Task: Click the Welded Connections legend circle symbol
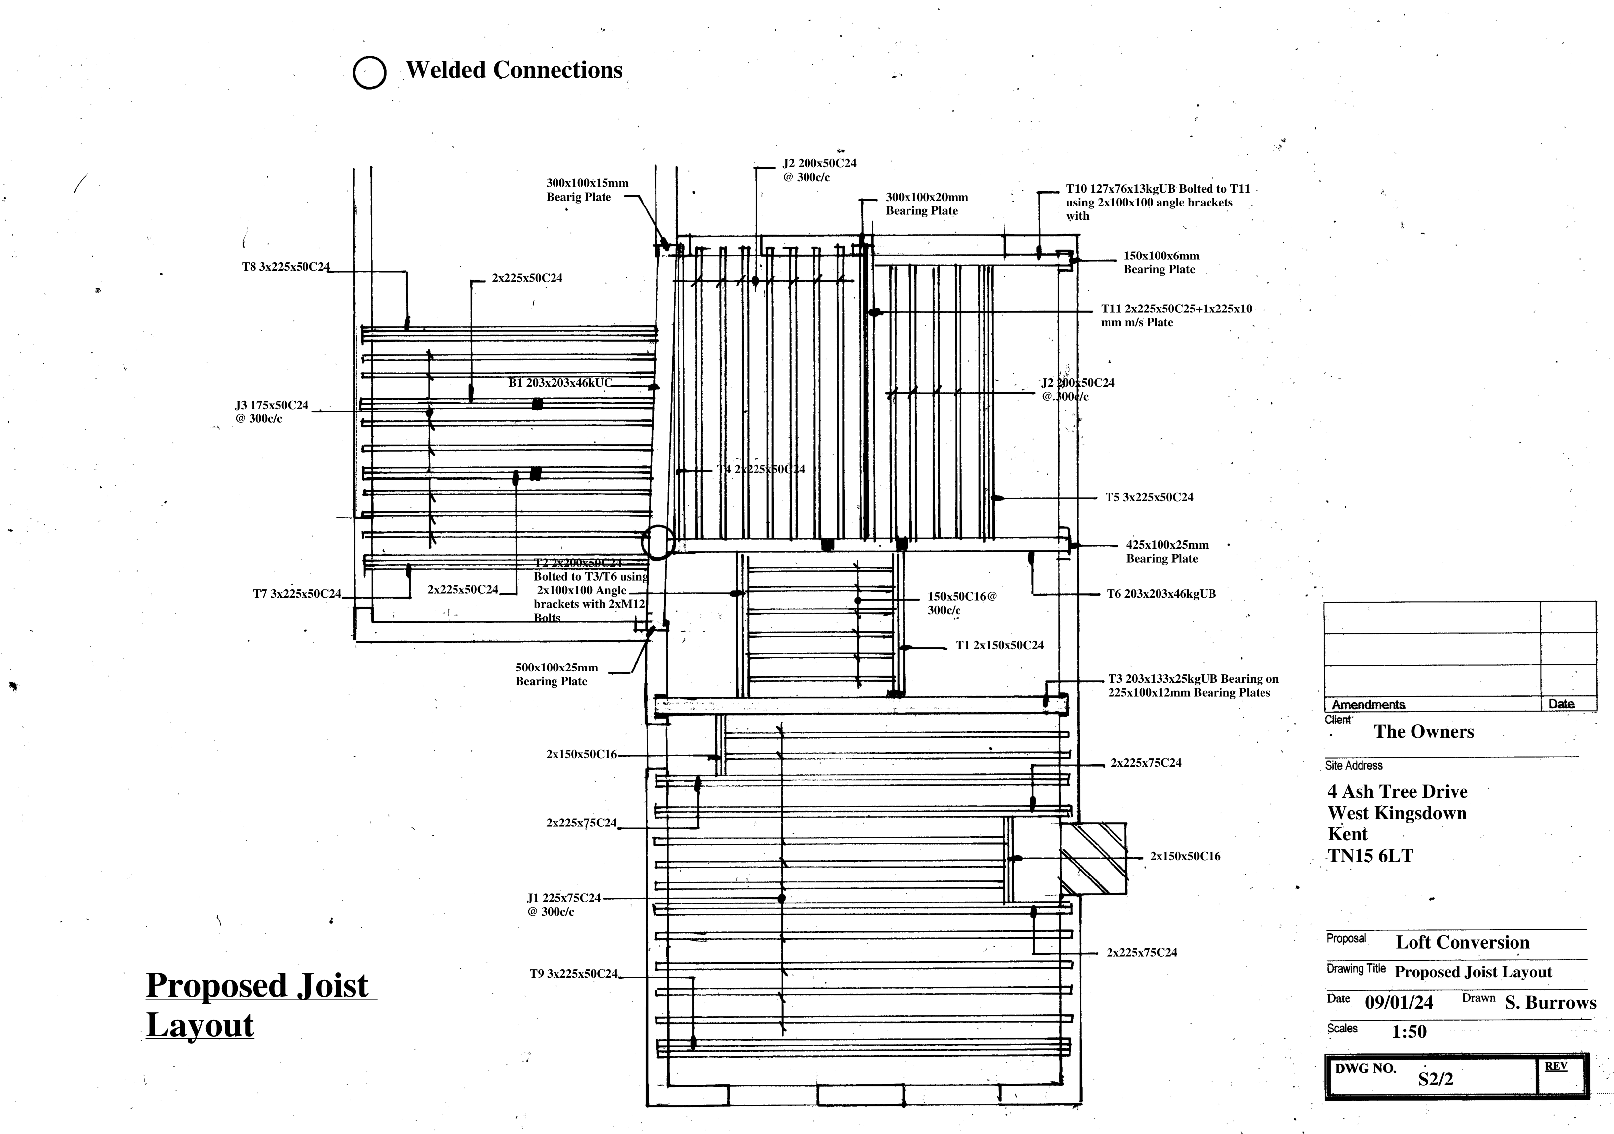coord(369,72)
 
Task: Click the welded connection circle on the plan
coord(658,542)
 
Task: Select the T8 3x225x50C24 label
coord(285,267)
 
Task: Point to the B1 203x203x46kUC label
coord(560,383)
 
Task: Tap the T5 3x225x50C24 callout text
coord(1149,498)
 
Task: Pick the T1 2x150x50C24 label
coord(999,645)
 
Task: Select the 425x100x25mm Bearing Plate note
coord(1167,552)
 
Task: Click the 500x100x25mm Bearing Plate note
coord(556,674)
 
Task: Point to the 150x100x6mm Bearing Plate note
coord(1160,263)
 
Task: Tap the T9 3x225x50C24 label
coord(573,974)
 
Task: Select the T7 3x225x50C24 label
coord(297,594)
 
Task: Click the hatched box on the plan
coord(1093,858)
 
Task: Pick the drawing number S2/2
coord(1435,1079)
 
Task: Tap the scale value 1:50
coord(1409,1032)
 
